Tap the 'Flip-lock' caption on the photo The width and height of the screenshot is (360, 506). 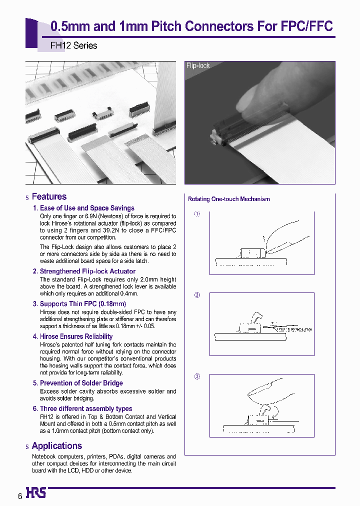(x=198, y=65)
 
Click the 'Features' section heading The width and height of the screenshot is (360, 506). (x=49, y=197)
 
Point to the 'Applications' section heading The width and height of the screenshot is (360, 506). (x=56, y=446)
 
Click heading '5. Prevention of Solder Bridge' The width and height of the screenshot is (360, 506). (x=77, y=383)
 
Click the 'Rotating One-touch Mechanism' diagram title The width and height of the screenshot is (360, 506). (x=228, y=199)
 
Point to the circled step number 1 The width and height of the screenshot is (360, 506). (x=197, y=214)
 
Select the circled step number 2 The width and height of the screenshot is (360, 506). (x=197, y=295)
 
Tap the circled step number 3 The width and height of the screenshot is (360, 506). (x=197, y=376)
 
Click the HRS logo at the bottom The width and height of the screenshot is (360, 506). (x=35, y=493)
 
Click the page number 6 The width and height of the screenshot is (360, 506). (x=20, y=496)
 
